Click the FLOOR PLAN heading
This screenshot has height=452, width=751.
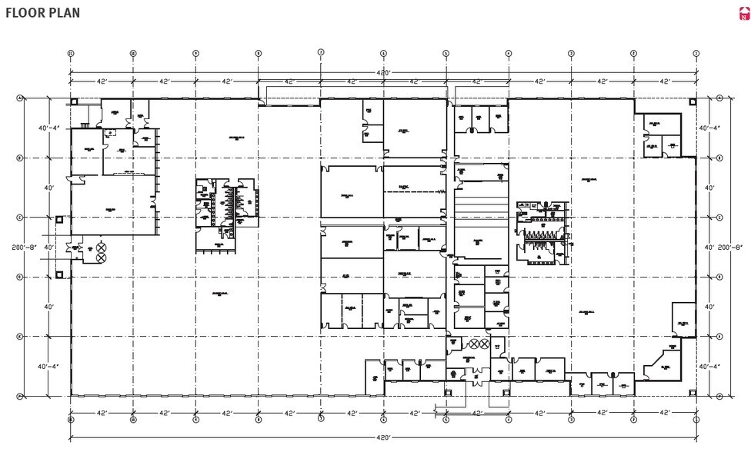tap(42, 13)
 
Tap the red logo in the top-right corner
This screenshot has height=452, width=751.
tap(743, 13)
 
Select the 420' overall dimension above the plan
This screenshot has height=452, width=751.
tap(383, 72)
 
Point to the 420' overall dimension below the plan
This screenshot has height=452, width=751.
tap(383, 436)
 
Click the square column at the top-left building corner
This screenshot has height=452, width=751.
tap(74, 101)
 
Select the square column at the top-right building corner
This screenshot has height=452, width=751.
tap(693, 101)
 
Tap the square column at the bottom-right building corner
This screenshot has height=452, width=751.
tap(693, 393)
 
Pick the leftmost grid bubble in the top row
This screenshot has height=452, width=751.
tap(71, 53)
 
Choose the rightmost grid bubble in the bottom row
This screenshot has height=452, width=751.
tap(696, 420)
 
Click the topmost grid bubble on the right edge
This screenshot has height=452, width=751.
tap(719, 98)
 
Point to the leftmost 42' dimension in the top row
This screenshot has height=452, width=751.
tap(102, 81)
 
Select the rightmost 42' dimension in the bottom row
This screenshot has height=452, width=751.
tap(664, 413)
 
